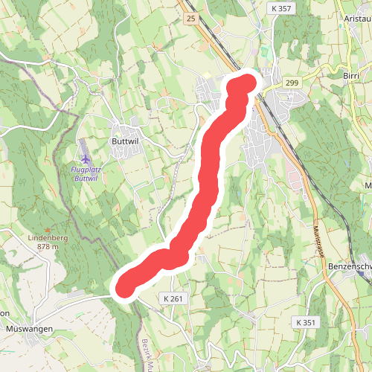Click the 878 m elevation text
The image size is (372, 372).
(47, 246)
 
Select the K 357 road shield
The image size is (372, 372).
(280, 7)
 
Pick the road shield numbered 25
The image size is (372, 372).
(191, 18)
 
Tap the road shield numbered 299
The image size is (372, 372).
(290, 83)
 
